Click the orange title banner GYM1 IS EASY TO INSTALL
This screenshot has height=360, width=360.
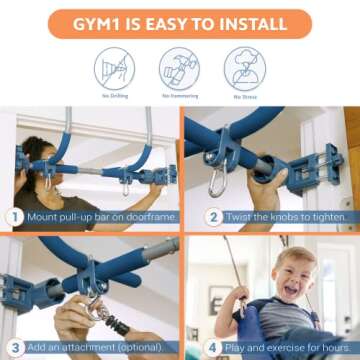(180, 21)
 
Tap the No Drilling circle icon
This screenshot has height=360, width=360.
(113, 67)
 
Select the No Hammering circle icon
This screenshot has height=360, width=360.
(179, 67)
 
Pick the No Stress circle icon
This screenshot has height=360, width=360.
(245, 67)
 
